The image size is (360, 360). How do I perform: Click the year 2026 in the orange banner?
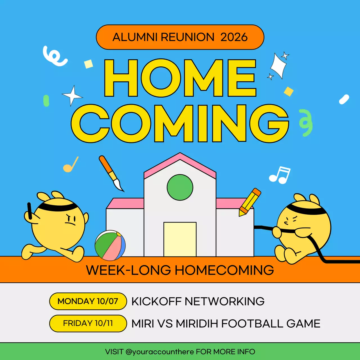tap(234, 37)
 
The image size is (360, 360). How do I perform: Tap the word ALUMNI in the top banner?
tap(135, 37)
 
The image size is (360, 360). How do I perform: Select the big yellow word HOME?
tap(180, 78)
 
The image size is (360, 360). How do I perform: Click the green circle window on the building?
tap(180, 187)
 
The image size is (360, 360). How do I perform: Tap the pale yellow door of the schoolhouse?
tap(180, 239)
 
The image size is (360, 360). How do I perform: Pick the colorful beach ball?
tap(110, 245)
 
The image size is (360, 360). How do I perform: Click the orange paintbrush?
tap(111, 173)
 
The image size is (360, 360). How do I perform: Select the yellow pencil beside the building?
tap(249, 202)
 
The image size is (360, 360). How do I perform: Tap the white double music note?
tap(280, 175)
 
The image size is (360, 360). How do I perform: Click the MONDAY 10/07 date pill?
tap(88, 301)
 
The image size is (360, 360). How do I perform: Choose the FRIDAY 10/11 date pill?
tap(88, 323)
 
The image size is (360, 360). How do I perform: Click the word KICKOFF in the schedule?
tap(156, 301)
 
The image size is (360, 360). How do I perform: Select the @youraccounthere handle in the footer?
tap(160, 352)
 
